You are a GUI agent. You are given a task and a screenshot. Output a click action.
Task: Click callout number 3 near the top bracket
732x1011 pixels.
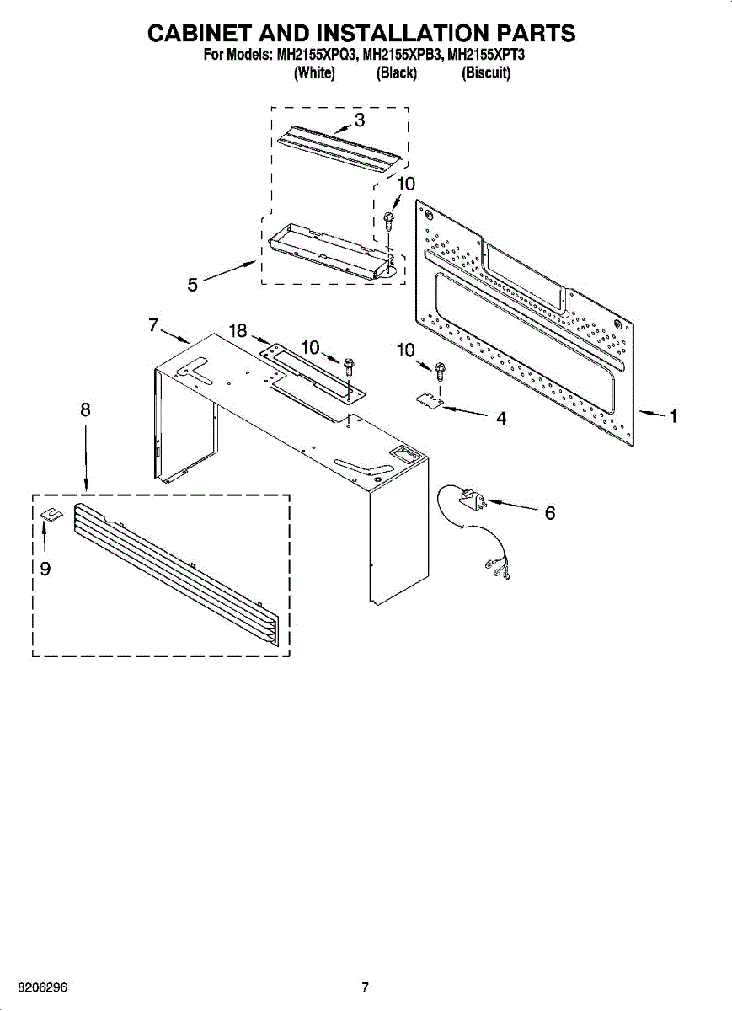360,120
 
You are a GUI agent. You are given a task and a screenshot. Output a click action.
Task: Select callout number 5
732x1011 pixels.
193,286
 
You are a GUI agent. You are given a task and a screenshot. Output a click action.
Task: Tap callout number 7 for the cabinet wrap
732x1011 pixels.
153,324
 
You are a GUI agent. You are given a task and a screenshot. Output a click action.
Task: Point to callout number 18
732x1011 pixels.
239,331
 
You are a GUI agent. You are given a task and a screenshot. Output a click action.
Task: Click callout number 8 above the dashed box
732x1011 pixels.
85,410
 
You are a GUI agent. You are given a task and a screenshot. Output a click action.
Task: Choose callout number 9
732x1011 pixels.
45,570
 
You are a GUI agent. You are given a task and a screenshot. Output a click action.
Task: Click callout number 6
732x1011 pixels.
549,512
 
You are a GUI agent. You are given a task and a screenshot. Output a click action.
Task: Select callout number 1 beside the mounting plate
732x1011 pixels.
672,416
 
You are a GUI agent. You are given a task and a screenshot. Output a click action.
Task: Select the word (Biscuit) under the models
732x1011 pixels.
486,73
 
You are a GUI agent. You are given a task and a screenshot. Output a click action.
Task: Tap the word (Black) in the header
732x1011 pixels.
396,73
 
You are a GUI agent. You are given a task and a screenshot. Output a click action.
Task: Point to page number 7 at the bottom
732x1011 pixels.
365,987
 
